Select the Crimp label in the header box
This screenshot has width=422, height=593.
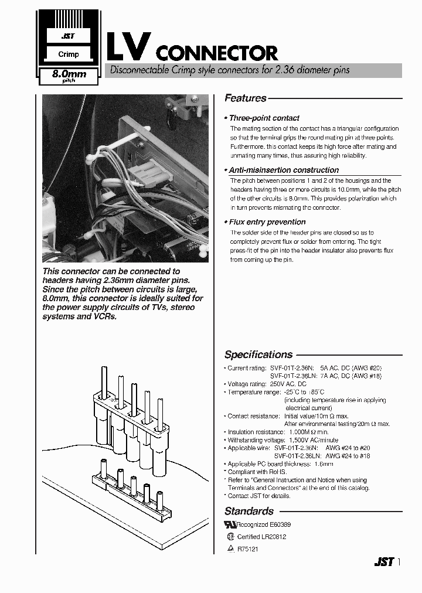coord(68,54)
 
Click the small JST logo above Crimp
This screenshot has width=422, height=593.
coord(68,36)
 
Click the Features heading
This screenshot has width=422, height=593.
coord(246,98)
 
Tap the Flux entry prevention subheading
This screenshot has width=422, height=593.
coord(267,222)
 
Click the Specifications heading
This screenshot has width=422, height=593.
coord(258,355)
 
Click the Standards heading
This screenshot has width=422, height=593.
coord(249,511)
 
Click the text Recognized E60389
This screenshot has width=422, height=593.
coord(262,526)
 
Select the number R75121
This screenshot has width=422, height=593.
coord(247,549)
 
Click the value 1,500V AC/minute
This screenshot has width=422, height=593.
coord(313,440)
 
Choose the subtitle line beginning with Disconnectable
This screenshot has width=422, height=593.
coord(227,70)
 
